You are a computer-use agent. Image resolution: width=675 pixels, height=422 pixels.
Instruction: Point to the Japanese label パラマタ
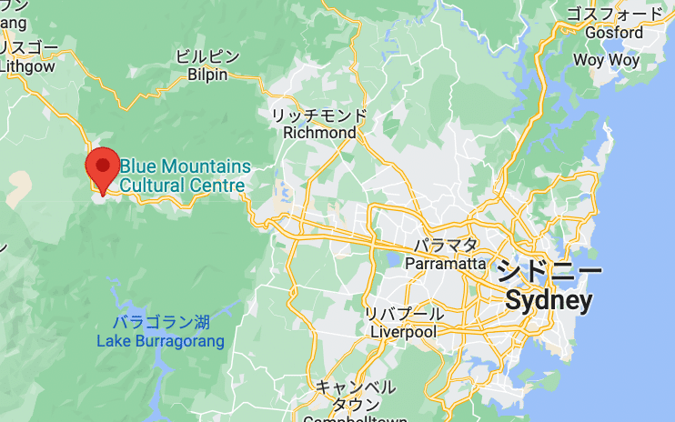tap(445, 246)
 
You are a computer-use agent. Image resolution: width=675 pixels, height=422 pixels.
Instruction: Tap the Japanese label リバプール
tap(404, 314)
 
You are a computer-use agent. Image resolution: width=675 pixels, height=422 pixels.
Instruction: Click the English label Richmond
tap(319, 133)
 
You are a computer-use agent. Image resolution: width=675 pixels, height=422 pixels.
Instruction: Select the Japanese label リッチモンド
tap(319, 116)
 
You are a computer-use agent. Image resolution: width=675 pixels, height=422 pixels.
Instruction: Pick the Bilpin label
tap(207, 75)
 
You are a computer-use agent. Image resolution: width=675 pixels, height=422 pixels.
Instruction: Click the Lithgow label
tap(27, 65)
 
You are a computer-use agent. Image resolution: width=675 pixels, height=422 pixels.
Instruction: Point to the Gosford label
tap(616, 32)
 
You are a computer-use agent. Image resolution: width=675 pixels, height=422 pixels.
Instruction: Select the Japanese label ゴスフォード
tap(616, 14)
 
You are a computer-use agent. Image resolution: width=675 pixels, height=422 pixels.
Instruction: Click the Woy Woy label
tap(607, 60)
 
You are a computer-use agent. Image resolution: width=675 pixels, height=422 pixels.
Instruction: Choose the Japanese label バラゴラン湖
tap(161, 323)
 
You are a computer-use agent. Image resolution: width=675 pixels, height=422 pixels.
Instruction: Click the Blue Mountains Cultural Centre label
tap(184, 176)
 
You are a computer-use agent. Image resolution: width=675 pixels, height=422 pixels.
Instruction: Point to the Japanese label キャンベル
tap(355, 387)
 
